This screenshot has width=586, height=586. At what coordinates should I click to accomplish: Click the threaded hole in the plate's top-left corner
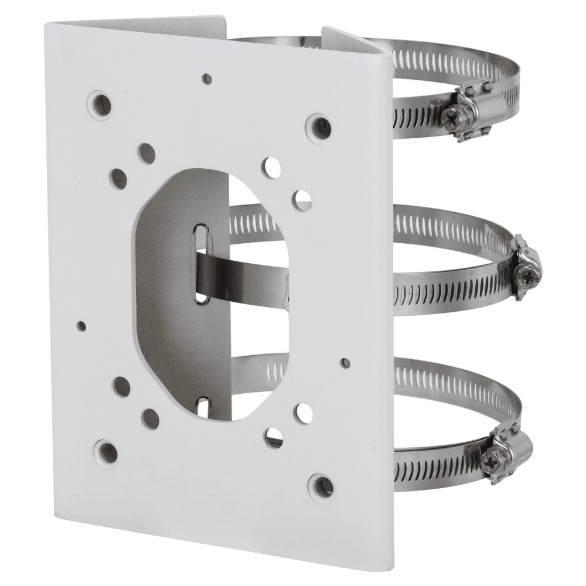[x=101, y=100]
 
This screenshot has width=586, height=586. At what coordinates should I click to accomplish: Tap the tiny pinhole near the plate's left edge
[x=81, y=324]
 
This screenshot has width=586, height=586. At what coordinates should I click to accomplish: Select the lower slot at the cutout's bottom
[x=203, y=408]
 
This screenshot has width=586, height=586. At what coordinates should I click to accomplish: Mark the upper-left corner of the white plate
[x=49, y=25]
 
